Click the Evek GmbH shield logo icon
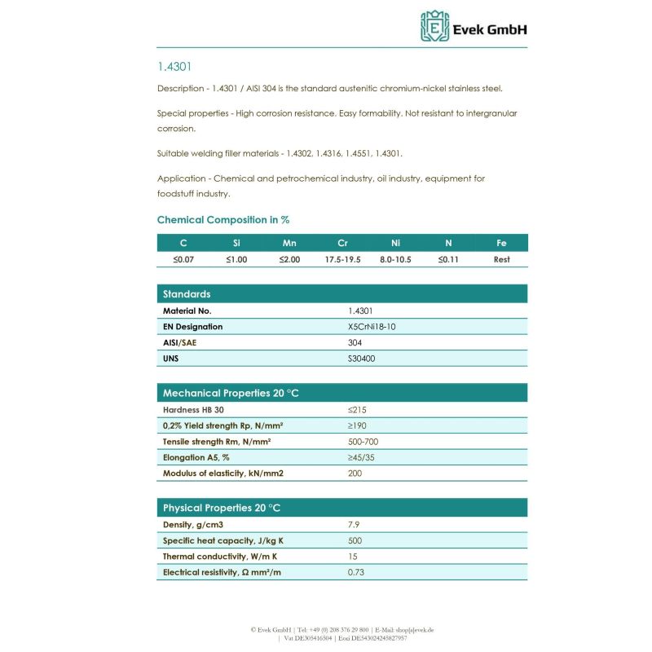[x=434, y=26]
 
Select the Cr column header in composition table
[x=342, y=243]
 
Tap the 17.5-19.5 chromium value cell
[x=342, y=259]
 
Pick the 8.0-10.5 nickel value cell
[x=396, y=259]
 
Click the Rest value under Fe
[x=502, y=259]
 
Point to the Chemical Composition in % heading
[x=223, y=220]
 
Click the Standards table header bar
[x=341, y=294]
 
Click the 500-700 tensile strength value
[x=363, y=442]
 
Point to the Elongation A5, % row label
[x=196, y=457]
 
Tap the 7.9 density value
[x=354, y=525]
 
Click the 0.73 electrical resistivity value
[x=355, y=572]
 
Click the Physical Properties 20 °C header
[x=222, y=508]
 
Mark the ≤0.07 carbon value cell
[x=183, y=259]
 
